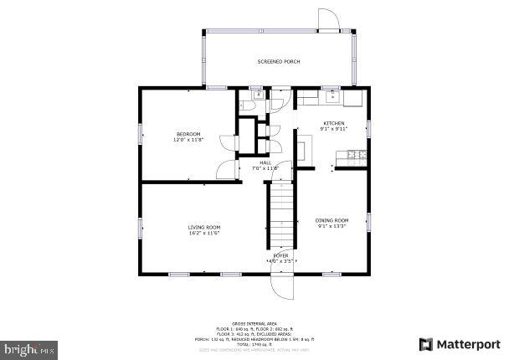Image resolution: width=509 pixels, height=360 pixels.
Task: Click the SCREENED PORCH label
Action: point(278,62)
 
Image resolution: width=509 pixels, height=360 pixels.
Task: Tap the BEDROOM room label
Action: point(188,135)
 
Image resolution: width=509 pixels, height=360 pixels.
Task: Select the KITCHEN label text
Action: point(335,124)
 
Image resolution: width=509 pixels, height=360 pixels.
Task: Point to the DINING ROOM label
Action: point(332,220)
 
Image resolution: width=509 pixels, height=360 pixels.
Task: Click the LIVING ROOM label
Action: point(203,227)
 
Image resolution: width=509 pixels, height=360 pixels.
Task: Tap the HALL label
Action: point(265,162)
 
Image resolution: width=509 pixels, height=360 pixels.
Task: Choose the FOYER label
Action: point(281,255)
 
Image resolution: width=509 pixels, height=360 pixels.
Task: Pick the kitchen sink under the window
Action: point(332,97)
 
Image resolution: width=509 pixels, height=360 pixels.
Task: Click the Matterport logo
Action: point(460,343)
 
